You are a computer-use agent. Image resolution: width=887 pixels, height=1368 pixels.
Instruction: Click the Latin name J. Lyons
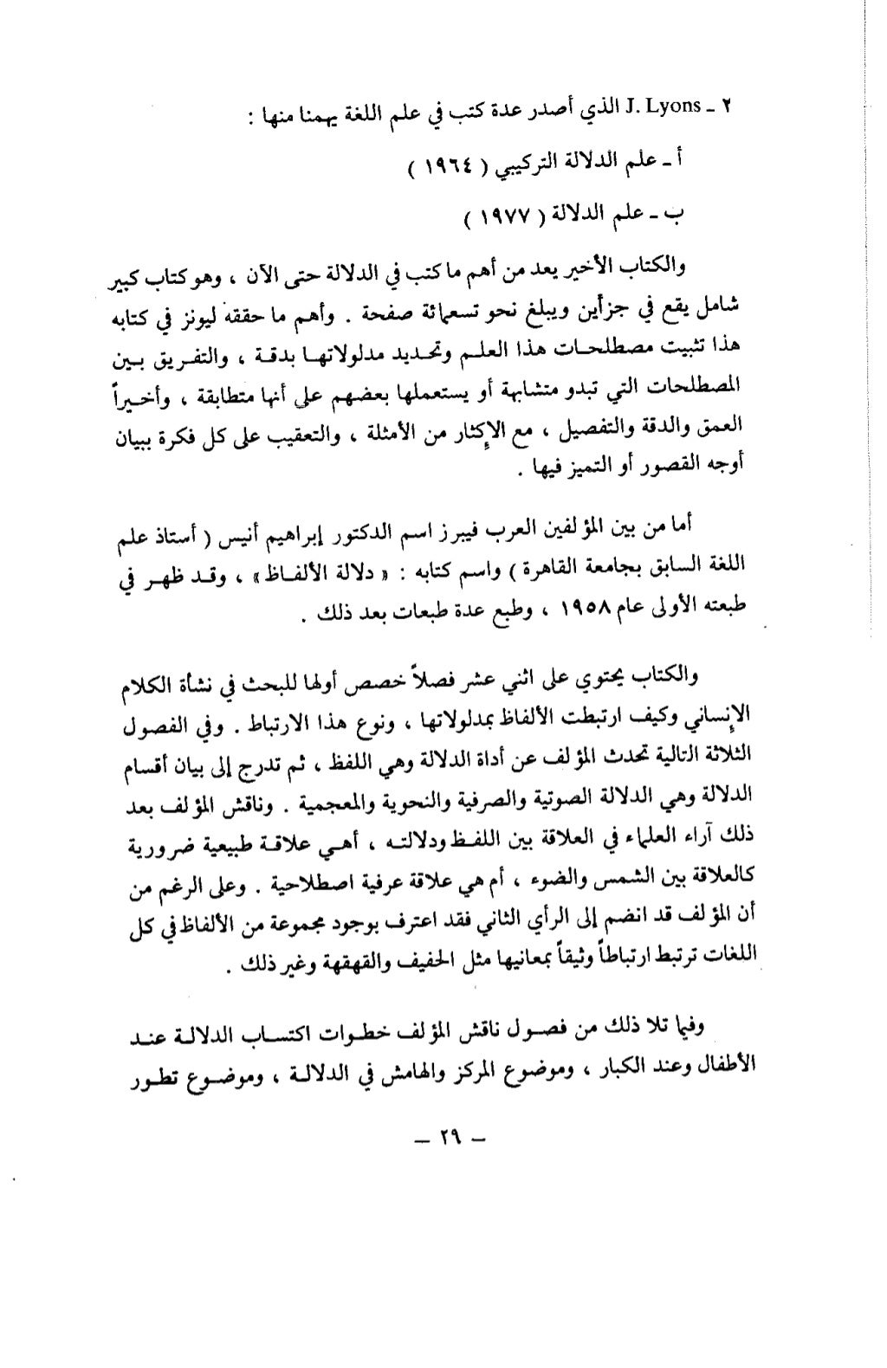pyautogui.click(x=669, y=106)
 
